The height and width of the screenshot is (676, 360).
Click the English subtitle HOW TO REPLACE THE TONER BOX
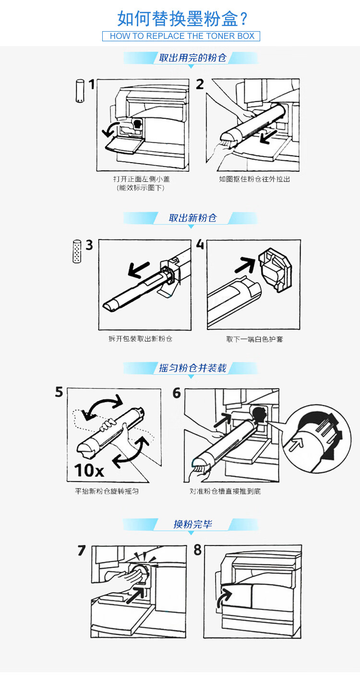(182, 36)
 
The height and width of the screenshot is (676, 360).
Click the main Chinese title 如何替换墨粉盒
(178, 18)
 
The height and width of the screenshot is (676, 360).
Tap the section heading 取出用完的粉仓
(192, 58)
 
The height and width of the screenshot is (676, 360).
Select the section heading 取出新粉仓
(192, 218)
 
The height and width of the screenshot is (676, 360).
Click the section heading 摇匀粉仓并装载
(192, 368)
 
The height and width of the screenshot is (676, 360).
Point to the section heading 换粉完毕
(192, 524)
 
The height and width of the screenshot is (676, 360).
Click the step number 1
(92, 84)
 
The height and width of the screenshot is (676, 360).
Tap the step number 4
(200, 244)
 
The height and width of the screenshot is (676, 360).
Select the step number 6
(177, 393)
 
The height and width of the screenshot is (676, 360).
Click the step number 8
(197, 550)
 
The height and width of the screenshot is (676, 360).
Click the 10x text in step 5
(89, 470)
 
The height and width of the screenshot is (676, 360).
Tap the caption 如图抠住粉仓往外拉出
(254, 179)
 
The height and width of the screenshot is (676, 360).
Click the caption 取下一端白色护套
(254, 339)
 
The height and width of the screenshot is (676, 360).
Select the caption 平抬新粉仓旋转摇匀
(107, 491)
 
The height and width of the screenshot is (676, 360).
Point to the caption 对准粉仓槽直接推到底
(225, 491)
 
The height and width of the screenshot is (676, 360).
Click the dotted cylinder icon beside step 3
(77, 252)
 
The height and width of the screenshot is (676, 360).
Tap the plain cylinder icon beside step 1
(80, 91)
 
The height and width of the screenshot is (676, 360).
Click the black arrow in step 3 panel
(139, 270)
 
